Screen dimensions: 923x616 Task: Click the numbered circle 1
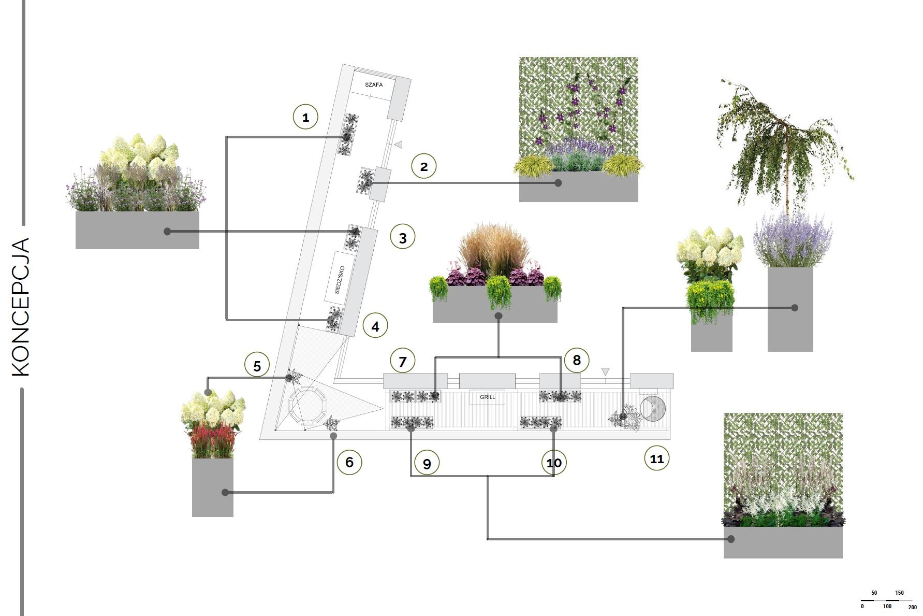tap(305, 117)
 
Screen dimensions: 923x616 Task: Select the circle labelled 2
tap(424, 166)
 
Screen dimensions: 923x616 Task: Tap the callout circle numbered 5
tap(257, 366)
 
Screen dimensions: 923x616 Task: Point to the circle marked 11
tap(657, 459)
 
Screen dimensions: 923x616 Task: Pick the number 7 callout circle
tap(403, 361)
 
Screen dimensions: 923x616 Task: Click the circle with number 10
tap(554, 462)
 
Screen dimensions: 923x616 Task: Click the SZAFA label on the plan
tap(374, 84)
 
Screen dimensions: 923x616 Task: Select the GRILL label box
tap(487, 397)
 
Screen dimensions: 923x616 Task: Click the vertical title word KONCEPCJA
tap(20, 307)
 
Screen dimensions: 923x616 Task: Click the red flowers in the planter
tap(212, 439)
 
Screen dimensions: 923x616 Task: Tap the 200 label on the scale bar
tap(912, 607)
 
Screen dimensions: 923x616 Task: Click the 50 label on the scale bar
tap(874, 593)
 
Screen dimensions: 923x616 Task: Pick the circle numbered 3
tap(403, 237)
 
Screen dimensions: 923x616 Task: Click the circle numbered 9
tap(427, 463)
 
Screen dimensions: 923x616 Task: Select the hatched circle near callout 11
tap(653, 408)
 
